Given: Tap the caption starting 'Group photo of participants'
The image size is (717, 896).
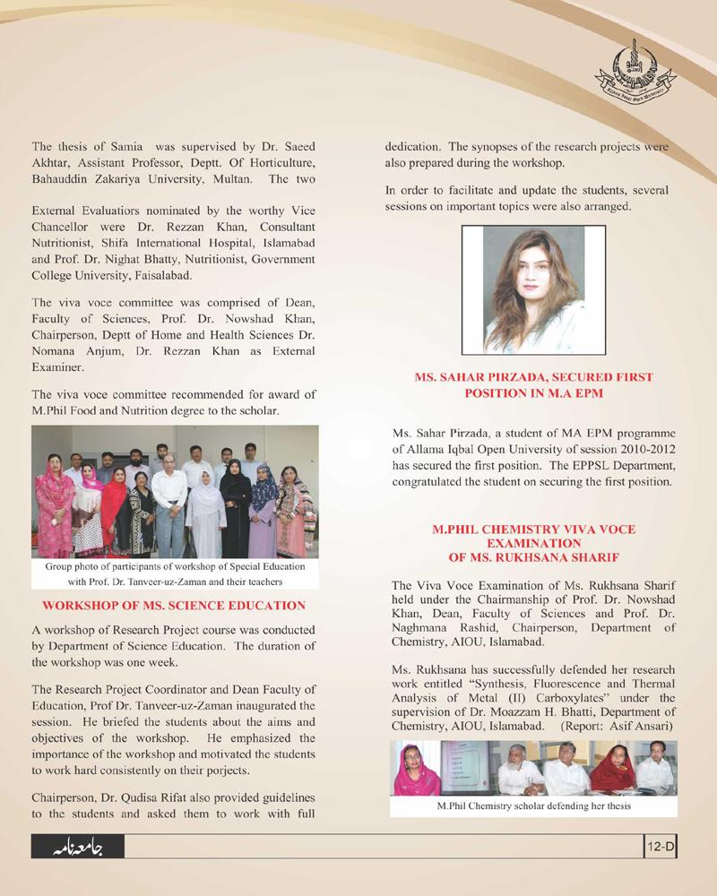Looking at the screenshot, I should pos(174,566).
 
